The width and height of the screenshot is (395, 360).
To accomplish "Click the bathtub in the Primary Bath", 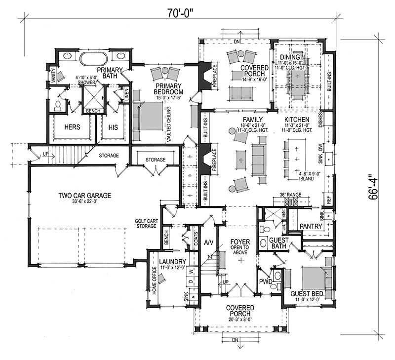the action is (94, 59).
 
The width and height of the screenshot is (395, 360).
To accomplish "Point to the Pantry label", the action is (311, 226).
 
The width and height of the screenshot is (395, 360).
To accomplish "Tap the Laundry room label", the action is (172, 262).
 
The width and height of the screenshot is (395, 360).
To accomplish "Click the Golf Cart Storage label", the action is (145, 223).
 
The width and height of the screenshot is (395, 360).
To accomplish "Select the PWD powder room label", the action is (266, 281).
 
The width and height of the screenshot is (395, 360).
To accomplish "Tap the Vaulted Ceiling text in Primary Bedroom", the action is (169, 124).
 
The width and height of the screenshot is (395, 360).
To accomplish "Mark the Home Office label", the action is (155, 280).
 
